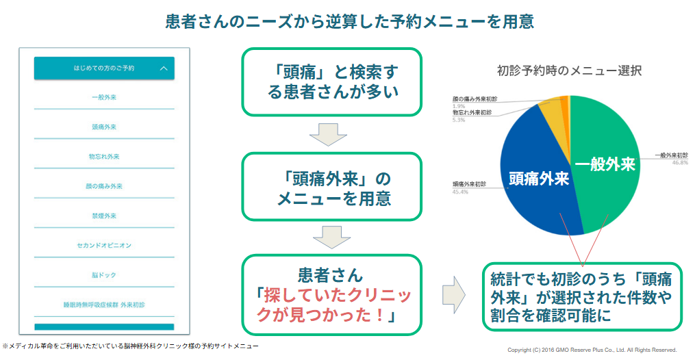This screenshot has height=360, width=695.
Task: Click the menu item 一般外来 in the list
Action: (104, 97)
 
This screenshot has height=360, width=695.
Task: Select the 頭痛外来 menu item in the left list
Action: (104, 127)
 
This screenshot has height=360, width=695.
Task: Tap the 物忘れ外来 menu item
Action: (104, 157)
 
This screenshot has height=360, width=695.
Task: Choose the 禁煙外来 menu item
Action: (104, 216)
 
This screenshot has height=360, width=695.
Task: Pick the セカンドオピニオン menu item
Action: (104, 245)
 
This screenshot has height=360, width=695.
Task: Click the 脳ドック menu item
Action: (104, 275)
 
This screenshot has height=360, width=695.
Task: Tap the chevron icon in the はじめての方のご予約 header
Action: (164, 68)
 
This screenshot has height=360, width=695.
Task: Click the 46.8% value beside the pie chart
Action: (680, 162)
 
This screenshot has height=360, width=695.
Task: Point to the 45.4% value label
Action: (460, 192)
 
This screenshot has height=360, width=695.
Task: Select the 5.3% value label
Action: (459, 120)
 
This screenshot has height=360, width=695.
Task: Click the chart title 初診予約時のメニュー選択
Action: (570, 71)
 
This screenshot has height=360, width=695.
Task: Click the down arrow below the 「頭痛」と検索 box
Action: (328, 134)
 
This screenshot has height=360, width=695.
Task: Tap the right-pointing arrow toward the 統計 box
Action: (454, 295)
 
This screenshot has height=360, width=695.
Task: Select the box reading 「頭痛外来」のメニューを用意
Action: (331, 186)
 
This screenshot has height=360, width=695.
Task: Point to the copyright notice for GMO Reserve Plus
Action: (592, 350)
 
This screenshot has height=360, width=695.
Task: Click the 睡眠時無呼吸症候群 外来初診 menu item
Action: (104, 305)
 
